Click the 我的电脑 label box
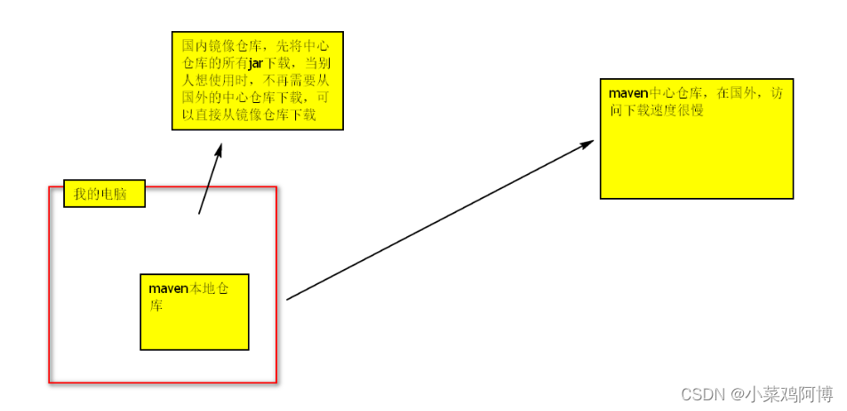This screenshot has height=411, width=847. click(x=104, y=194)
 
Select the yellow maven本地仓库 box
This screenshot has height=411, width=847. click(x=195, y=324)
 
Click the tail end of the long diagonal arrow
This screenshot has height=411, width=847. click(x=288, y=299)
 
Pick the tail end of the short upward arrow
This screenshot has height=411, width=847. click(x=199, y=213)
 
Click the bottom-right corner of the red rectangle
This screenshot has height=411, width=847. click(x=276, y=383)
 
